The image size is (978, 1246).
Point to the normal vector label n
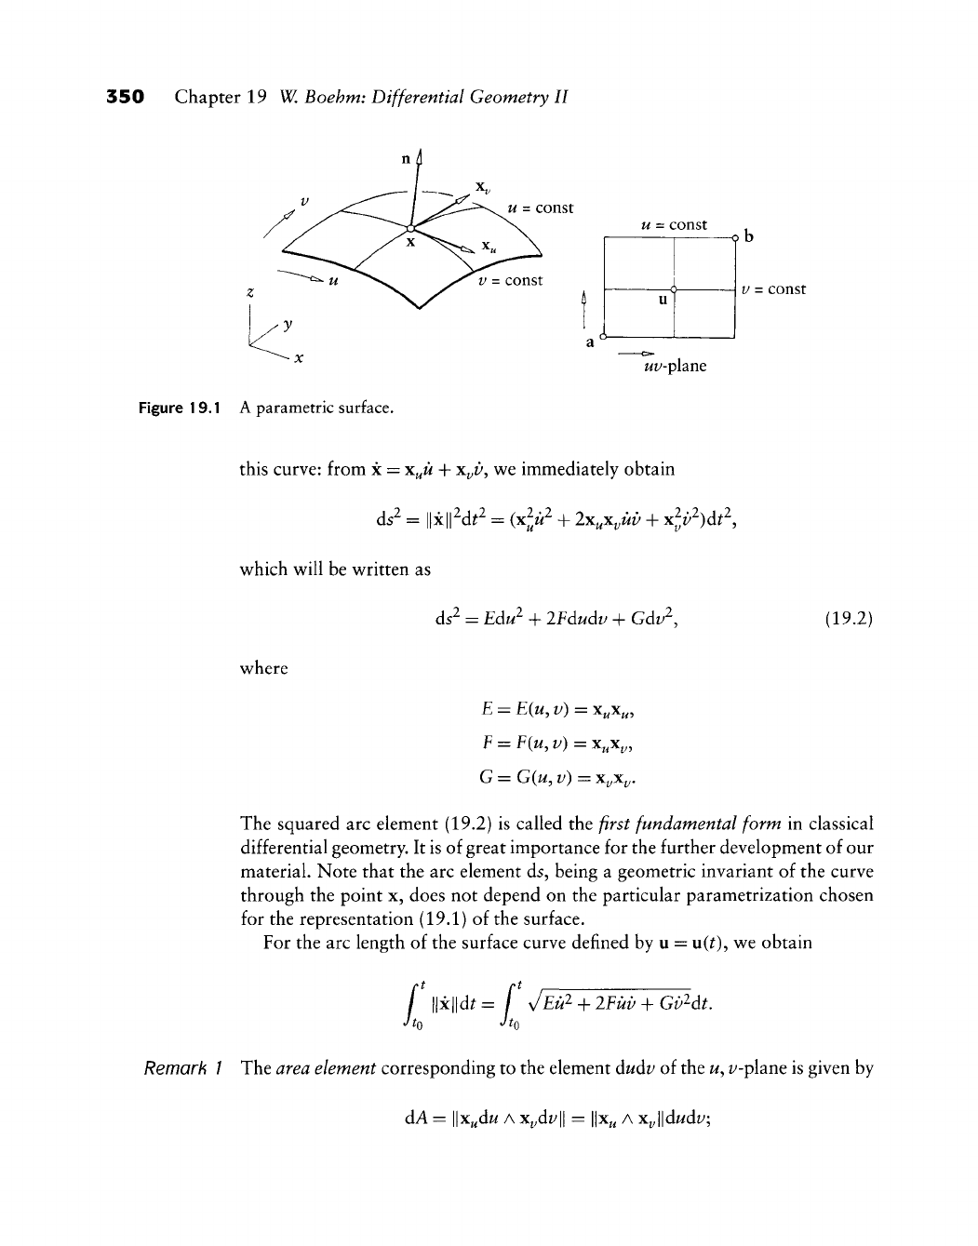[x=406, y=158]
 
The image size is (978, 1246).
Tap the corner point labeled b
[x=735, y=237]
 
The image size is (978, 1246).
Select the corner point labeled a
[x=603, y=335]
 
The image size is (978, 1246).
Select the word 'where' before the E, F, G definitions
[x=263, y=668]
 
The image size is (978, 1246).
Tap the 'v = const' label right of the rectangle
[x=774, y=289]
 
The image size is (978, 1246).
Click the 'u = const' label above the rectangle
[x=675, y=224]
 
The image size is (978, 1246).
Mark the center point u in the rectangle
[x=673, y=290]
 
